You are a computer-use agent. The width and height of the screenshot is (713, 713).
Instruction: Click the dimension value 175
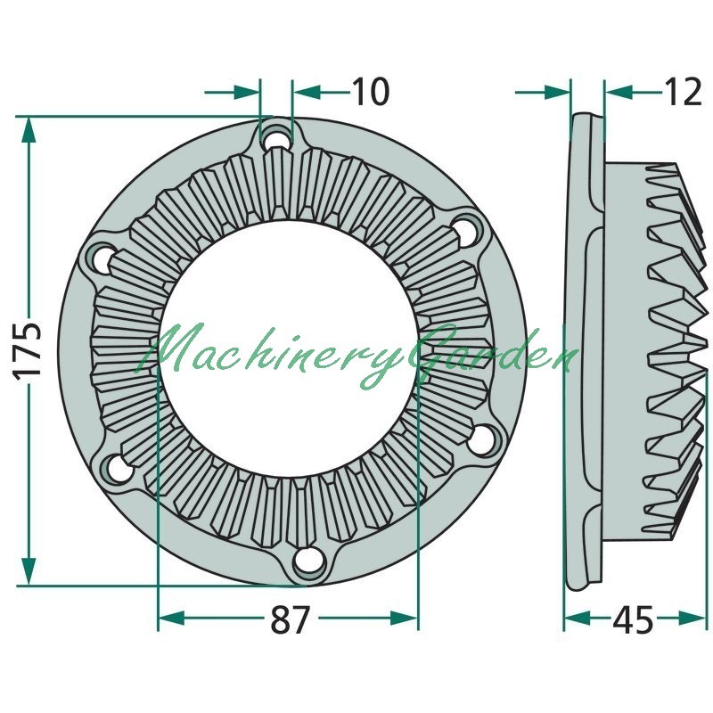point(27,350)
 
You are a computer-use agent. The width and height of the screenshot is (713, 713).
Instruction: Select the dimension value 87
point(291,619)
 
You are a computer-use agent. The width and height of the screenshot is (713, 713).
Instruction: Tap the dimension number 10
point(371,92)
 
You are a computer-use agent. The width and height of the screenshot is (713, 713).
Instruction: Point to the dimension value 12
point(683,92)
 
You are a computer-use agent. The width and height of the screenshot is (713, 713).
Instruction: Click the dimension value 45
point(633,619)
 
